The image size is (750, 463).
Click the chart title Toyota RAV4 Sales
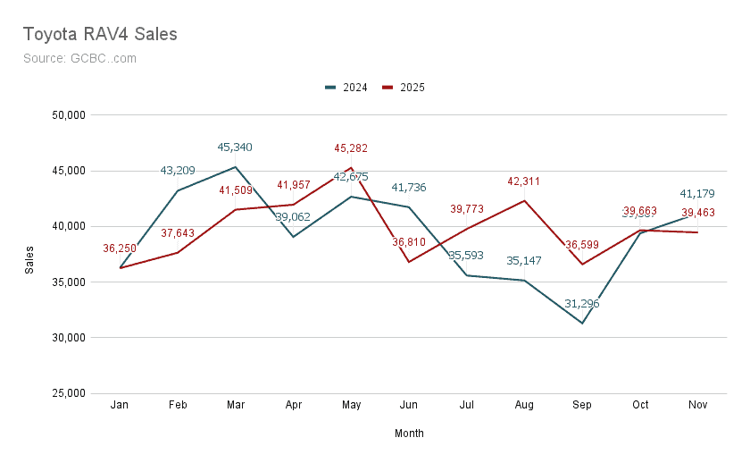[99, 34]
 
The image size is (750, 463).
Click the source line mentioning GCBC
[79, 58]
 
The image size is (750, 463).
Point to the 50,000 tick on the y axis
[65, 115]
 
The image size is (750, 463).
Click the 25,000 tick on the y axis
[65, 393]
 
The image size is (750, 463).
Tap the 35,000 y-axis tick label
[65, 282]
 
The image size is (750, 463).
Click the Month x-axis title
[409, 434]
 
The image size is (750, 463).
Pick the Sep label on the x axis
[582, 405]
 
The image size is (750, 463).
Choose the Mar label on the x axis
[236, 405]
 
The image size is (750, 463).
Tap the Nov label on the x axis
[698, 405]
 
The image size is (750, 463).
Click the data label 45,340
[235, 147]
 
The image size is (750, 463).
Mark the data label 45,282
[351, 148]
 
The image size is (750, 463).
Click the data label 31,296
[581, 304]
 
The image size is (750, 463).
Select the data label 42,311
[524, 181]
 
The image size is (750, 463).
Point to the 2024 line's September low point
[582, 323]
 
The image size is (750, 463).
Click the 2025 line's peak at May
[351, 167]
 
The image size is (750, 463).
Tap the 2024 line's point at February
[178, 190]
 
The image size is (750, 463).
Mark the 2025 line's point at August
[524, 200]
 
